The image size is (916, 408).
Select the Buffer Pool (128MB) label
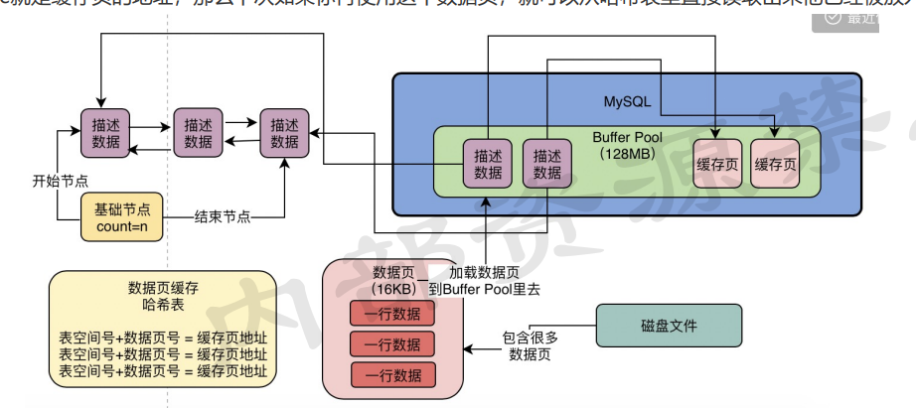(625, 146)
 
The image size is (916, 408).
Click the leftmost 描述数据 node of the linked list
(106, 134)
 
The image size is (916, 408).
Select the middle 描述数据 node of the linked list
(198, 134)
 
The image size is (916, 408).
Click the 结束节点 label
(222, 215)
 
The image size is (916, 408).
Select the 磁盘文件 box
(668, 325)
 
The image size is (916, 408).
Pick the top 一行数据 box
(392, 315)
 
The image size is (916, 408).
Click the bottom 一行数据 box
(392, 374)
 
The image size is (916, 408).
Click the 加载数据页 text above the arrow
(484, 271)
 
